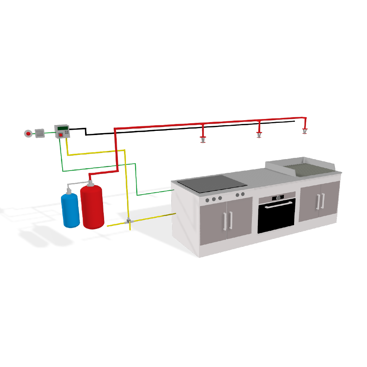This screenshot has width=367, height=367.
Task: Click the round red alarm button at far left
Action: coord(28,134)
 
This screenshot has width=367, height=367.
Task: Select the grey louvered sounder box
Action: coord(40,133)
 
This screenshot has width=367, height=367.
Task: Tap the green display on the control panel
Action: coord(63,128)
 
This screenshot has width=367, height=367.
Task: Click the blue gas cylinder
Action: coord(70,210)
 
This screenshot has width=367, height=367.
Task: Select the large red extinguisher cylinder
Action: coord(92,207)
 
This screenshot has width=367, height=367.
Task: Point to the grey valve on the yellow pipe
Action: coord(129,221)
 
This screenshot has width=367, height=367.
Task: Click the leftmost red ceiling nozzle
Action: coord(203,139)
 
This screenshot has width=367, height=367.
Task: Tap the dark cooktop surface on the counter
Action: coord(212,183)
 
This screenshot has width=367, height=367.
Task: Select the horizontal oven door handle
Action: coord(279,205)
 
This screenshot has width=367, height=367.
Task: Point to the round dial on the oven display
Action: coord(278,197)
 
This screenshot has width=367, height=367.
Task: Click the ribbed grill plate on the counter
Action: coord(309,169)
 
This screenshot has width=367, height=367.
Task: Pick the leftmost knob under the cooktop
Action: coord(208,200)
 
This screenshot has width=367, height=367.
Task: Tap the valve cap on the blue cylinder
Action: coord(69,190)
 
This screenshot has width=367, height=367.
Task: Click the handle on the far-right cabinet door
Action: coord(323,201)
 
